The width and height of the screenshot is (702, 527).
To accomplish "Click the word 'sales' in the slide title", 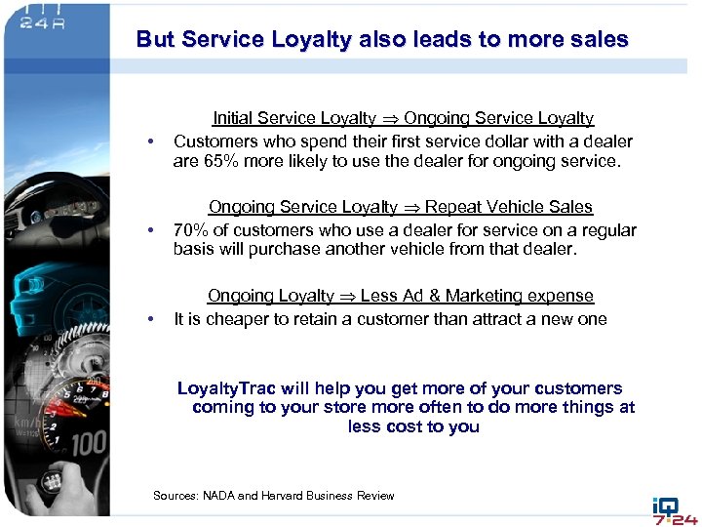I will pos(597,40).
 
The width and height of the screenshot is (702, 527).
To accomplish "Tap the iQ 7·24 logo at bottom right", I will pos(675,508).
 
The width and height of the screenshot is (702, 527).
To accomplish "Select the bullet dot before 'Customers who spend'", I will pos(151,143).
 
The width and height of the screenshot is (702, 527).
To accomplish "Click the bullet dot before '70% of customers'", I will pos(151,232).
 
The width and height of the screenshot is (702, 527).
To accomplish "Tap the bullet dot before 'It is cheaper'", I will pos(151,320).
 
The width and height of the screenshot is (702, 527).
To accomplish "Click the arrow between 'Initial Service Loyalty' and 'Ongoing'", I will pos(390,119).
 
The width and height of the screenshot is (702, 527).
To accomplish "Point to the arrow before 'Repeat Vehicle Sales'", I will pos(411,208).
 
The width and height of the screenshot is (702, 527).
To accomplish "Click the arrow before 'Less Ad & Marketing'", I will pos(346,297).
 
